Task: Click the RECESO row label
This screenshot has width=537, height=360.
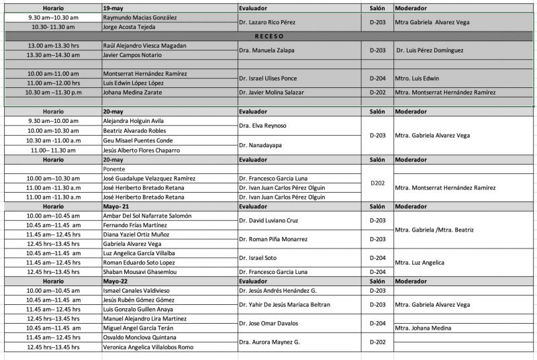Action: pos(269,36)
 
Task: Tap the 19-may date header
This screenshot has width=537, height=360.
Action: pos(113,7)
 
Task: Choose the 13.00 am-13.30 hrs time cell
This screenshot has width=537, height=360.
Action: pos(53,46)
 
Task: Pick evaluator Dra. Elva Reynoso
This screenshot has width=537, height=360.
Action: pos(262,126)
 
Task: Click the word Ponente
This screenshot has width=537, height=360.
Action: pos(115,169)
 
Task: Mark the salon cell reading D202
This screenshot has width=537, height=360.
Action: pos(377,183)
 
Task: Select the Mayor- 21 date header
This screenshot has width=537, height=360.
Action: pos(116,207)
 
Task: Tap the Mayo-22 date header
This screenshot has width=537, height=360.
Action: pos(115,281)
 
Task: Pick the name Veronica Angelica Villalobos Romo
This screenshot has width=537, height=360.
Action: pos(148,347)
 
